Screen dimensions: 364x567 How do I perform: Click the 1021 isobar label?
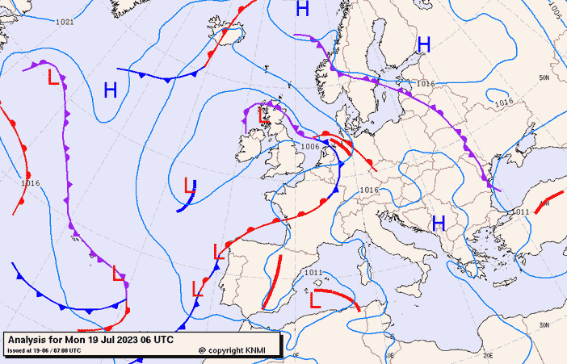coord(65,22)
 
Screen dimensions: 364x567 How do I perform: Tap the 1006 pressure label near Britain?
coord(310,147)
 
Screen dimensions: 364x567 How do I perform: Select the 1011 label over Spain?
coord(313,273)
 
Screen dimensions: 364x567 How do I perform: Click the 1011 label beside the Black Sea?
coord(520,211)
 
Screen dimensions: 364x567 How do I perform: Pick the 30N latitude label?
coord(544,325)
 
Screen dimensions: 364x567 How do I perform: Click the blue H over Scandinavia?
coord(423,44)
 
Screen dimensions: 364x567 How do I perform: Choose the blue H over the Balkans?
coord(439,223)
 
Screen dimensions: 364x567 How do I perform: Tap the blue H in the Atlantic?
coord(111,90)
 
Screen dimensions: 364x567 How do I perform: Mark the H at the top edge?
coord(302,9)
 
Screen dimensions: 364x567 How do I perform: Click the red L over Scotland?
coord(263,115)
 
